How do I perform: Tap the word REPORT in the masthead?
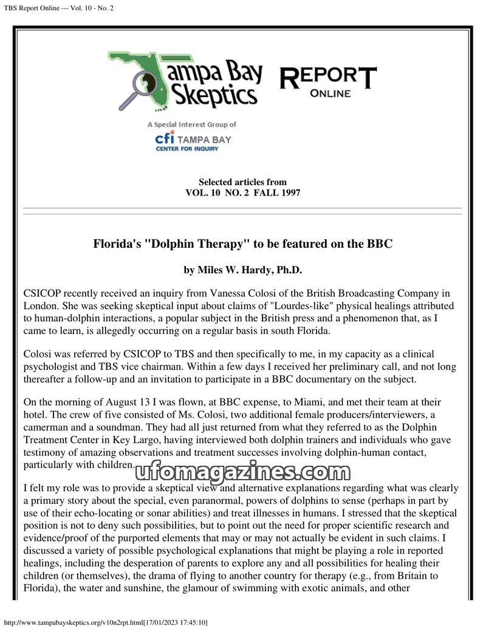[x=327, y=77]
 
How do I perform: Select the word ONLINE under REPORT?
[x=330, y=93]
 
